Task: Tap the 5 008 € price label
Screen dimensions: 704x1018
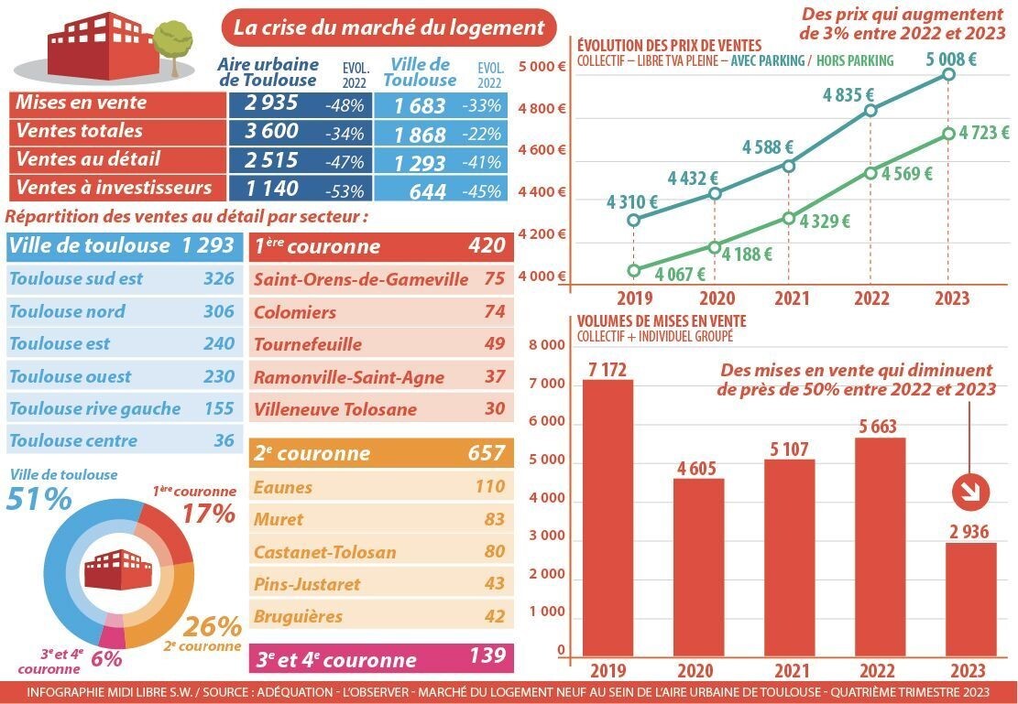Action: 950,59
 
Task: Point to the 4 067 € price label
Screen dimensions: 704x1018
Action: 680,273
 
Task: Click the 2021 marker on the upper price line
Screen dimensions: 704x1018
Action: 788,166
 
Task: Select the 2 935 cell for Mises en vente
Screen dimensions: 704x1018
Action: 271,103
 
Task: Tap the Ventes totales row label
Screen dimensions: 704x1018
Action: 80,131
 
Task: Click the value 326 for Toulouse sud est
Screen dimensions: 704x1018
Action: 218,278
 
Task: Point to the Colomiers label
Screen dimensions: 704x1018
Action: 295,312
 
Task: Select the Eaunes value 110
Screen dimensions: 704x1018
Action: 489,487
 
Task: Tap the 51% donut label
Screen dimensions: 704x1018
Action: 38,499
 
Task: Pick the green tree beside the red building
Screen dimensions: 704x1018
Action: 172,41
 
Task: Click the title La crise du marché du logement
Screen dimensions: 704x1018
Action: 389,27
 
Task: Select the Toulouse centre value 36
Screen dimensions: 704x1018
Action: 224,440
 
